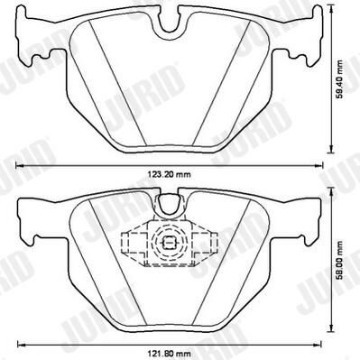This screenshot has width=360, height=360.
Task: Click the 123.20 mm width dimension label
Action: [169, 174]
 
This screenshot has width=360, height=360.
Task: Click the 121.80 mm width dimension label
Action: [169, 354]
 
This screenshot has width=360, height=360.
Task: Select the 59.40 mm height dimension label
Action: [339, 80]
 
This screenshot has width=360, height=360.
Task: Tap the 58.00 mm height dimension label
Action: [339, 260]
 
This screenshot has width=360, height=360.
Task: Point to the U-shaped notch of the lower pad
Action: [169, 203]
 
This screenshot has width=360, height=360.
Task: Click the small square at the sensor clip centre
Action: [169, 242]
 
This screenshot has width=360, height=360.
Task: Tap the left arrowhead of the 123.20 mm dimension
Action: [19, 165]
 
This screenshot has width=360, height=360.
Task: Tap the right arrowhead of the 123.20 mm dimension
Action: [319, 165]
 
